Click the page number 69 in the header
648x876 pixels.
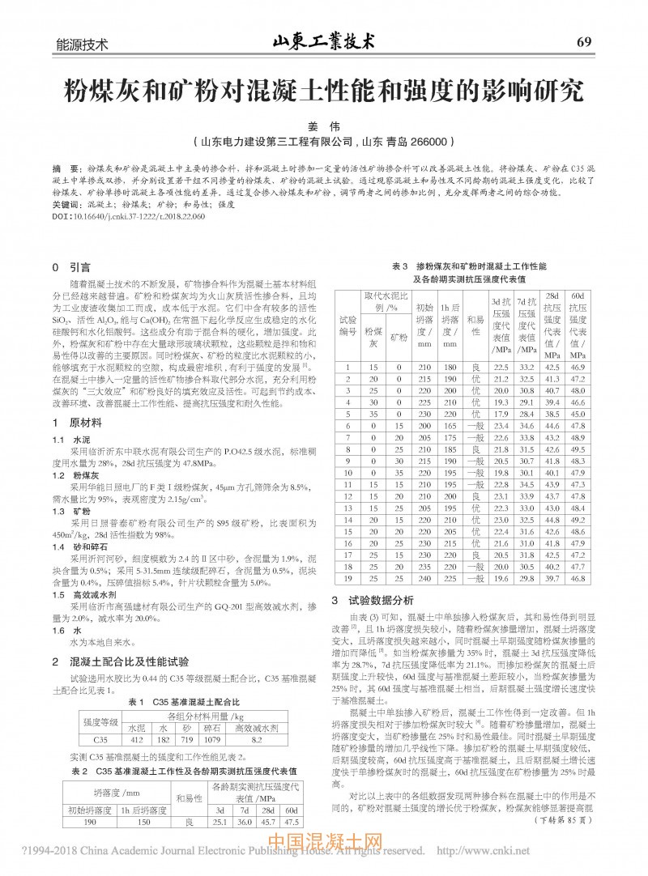pyautogui.click(x=586, y=42)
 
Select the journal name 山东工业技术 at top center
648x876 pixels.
pyautogui.click(x=323, y=41)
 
